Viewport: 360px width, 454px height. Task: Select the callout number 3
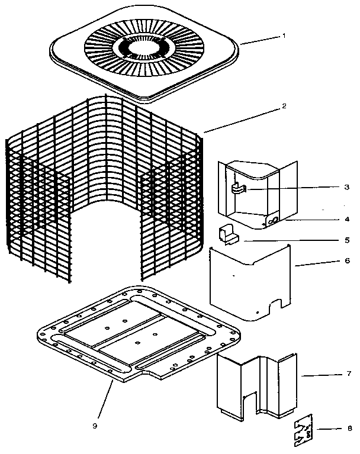click(346, 186)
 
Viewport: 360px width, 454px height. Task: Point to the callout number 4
click(346, 219)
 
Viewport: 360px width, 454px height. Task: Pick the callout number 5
click(346, 240)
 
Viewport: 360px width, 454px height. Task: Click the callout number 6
click(346, 260)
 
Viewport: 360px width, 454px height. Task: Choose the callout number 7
click(346, 375)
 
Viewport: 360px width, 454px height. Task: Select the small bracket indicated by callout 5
click(229, 234)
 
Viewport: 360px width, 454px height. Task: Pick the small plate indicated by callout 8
click(305, 430)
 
